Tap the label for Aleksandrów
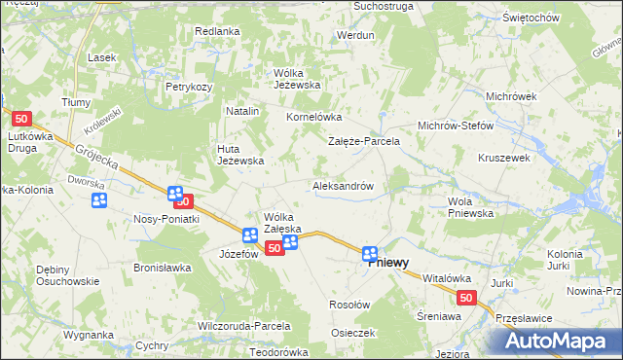tap(344, 185)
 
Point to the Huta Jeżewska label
tap(240, 155)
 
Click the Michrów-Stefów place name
tap(456, 126)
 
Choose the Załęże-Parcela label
tap(363, 141)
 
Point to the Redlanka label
tap(217, 31)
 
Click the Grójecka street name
tap(93, 156)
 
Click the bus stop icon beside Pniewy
tap(370, 255)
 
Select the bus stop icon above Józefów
tap(249, 234)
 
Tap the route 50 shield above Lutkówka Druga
tap(23, 119)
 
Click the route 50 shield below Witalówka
tap(468, 300)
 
